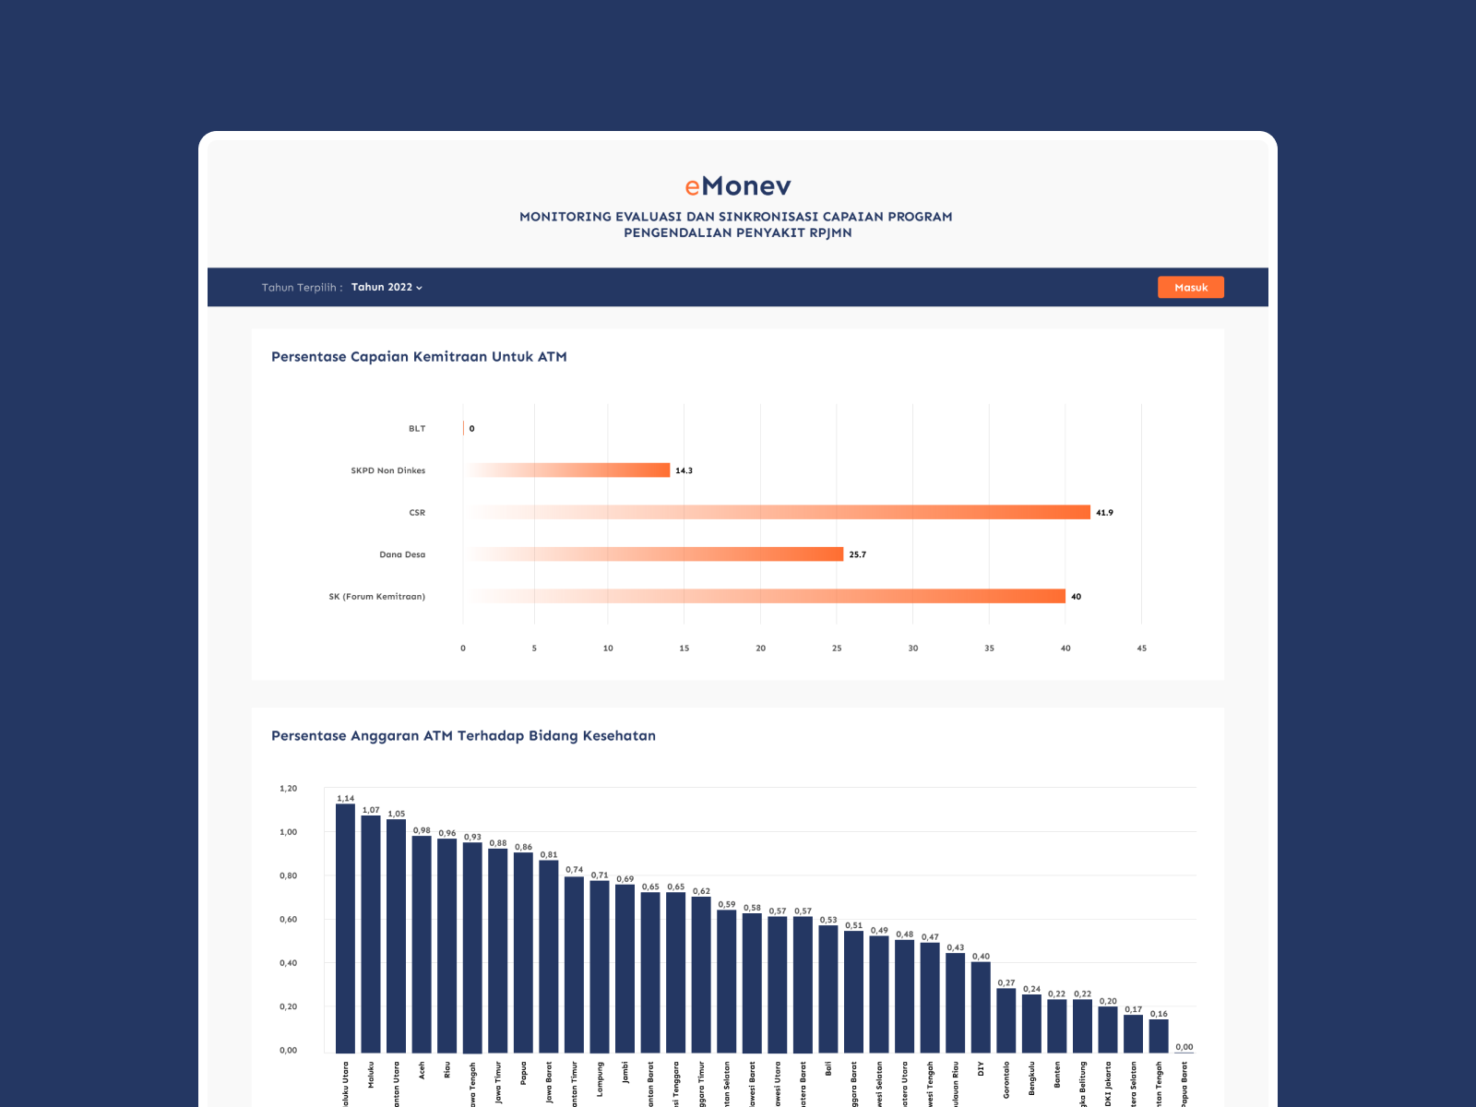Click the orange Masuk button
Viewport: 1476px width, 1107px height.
[1190, 287]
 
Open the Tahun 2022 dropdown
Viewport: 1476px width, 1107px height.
[387, 287]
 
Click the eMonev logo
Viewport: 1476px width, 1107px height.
[738, 186]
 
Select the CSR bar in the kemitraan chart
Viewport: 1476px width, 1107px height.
[830, 512]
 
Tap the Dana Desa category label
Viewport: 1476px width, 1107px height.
[402, 554]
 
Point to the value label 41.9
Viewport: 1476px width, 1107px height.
[1104, 513]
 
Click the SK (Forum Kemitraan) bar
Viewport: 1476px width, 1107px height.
[830, 596]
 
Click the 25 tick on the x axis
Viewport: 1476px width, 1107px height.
[837, 649]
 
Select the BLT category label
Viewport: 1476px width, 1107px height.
[417, 429]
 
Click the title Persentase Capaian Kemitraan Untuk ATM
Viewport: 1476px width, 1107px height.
[419, 357]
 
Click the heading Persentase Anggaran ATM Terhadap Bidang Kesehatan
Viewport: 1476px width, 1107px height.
[463, 736]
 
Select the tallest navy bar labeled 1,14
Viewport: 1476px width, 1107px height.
[345, 927]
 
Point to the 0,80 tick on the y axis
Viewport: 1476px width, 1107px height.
[289, 875]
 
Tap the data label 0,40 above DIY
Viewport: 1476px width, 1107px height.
[981, 957]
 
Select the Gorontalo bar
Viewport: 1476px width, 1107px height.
[1006, 1020]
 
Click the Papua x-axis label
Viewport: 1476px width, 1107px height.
[523, 1073]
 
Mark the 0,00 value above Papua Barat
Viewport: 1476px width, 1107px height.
[1184, 1047]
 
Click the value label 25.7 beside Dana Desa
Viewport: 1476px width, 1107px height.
[857, 554]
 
